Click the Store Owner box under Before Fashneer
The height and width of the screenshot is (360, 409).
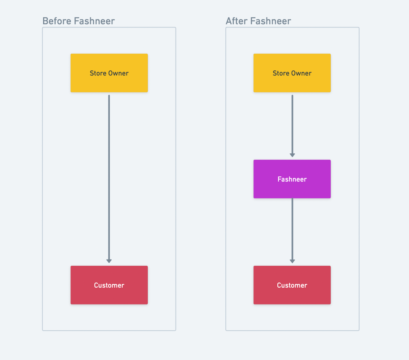pos(109,73)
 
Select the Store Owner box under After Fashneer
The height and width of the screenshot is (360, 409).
pos(292,73)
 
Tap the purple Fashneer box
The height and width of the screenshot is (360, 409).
pos(292,179)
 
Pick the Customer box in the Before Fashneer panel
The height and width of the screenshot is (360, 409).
pos(109,285)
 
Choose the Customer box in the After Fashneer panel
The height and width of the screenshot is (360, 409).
pos(292,285)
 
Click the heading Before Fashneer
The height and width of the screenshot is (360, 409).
pos(78,21)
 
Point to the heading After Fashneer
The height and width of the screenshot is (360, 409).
pos(258,21)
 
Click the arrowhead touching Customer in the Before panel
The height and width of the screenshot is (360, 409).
pos(109,261)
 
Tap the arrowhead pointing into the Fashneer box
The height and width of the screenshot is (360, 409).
pos(292,155)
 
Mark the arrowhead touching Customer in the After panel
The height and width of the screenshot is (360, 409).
pos(292,261)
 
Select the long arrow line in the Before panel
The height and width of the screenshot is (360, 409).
pos(109,179)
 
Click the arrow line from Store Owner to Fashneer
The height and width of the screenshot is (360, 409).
pos(292,126)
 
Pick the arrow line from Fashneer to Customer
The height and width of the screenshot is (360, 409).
pos(292,230)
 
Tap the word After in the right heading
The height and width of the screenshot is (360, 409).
pos(237,21)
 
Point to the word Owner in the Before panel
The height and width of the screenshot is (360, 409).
pos(118,73)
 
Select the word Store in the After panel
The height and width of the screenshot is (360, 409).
pos(281,73)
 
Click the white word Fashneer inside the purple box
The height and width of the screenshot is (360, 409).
pos(292,179)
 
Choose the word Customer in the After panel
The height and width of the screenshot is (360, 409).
pos(292,285)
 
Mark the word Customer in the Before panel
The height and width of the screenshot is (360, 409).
pos(109,285)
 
